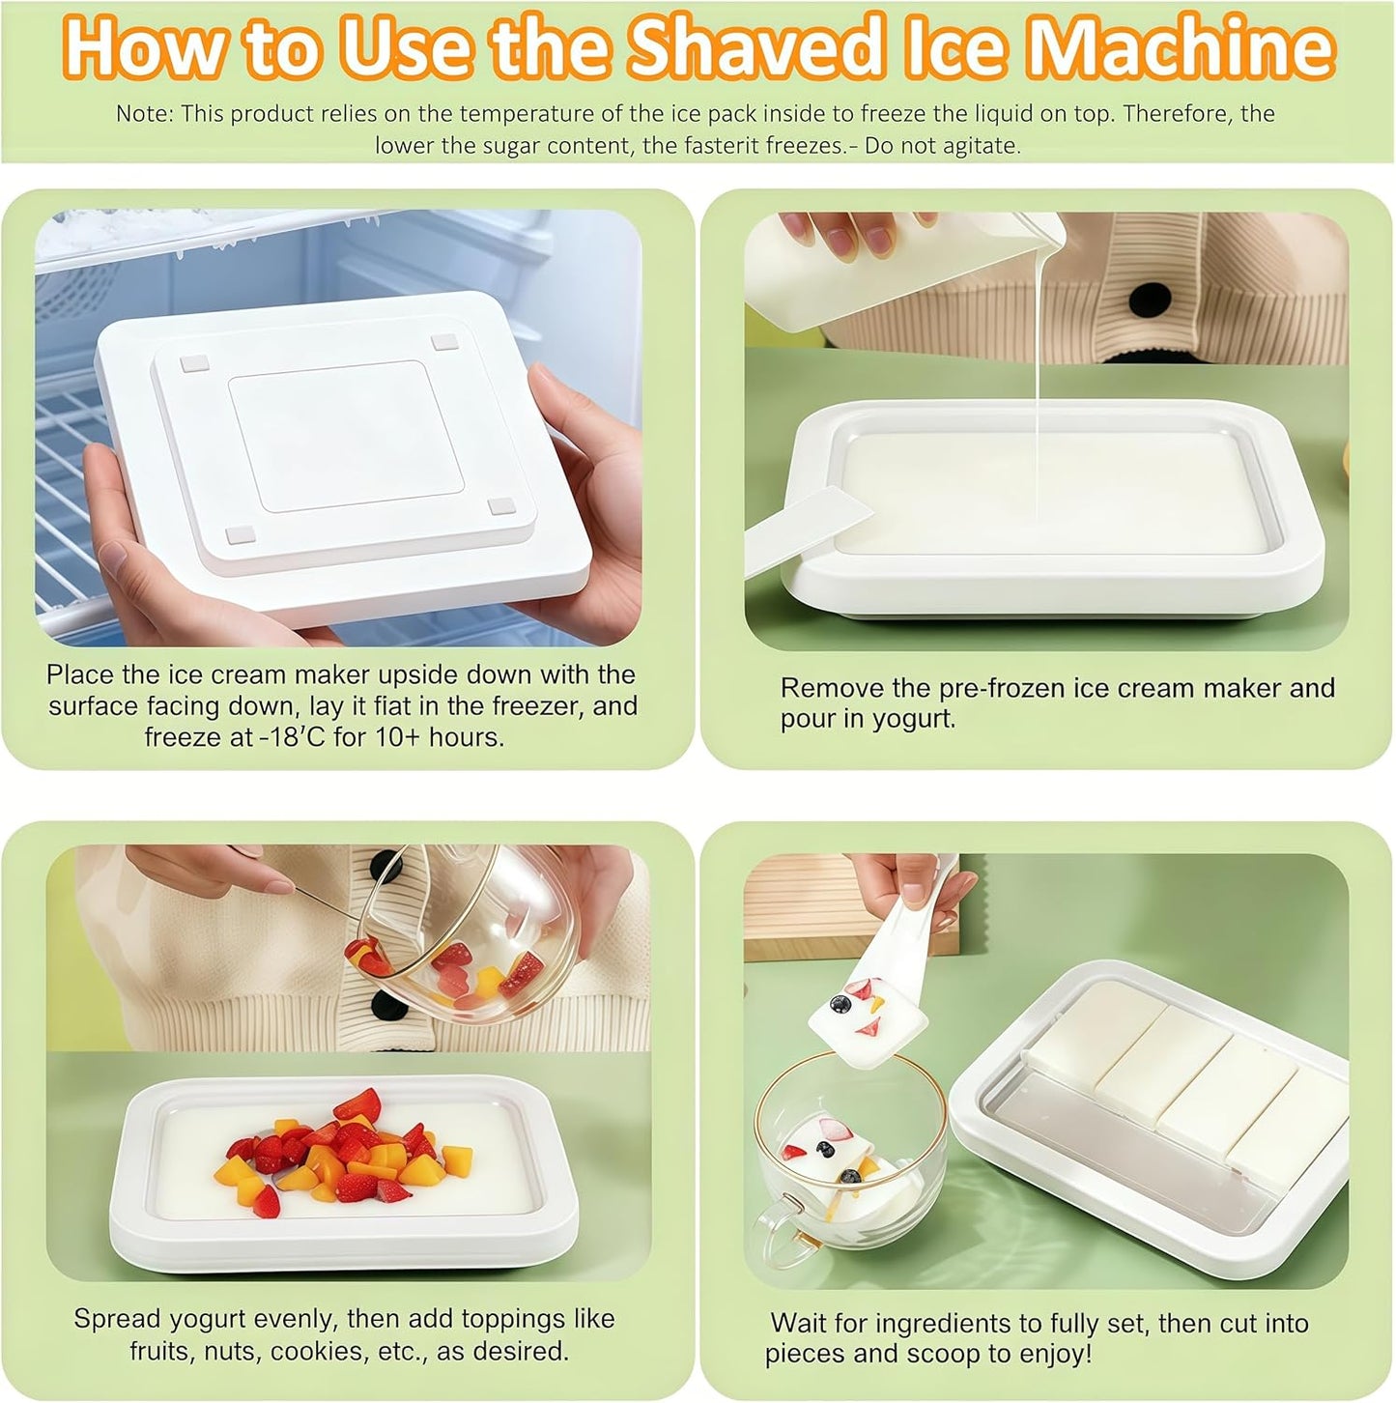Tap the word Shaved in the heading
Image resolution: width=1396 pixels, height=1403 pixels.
click(755, 48)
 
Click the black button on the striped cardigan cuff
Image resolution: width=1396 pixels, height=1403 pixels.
click(1149, 300)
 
